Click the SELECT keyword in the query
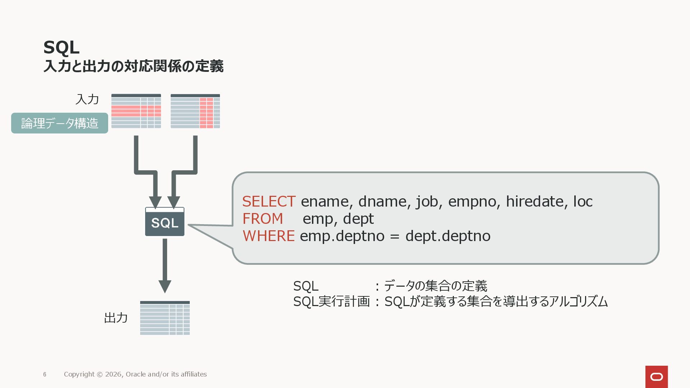[x=269, y=202]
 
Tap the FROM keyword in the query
[x=263, y=219]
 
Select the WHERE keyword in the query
[x=268, y=236]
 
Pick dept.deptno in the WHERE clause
[x=448, y=236]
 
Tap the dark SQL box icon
[x=165, y=222]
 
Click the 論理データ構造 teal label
[x=60, y=123]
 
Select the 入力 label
[x=87, y=100]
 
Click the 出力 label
[x=116, y=318]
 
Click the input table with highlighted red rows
[x=136, y=111]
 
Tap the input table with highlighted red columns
[x=195, y=111]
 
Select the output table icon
[x=165, y=318]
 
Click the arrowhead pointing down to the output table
[x=165, y=286]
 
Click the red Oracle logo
[x=657, y=377]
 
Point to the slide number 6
[x=45, y=374]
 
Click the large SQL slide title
[x=61, y=47]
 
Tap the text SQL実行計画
[x=331, y=301]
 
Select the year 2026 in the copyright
[x=114, y=374]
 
